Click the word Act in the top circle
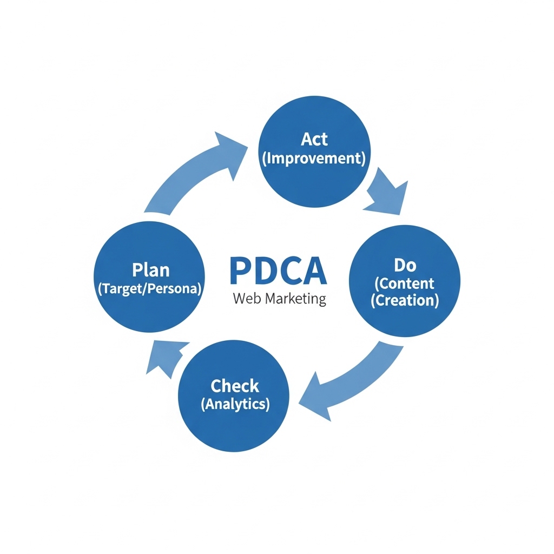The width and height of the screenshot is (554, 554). coord(314,139)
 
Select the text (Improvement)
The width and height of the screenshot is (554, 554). coord(314,159)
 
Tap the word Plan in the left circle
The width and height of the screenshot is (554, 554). coord(150,269)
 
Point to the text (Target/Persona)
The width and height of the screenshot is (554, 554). coord(150,288)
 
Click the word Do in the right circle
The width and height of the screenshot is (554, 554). coord(405,265)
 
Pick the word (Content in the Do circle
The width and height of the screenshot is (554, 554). coord(405,283)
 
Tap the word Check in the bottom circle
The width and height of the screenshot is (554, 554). coord(235,386)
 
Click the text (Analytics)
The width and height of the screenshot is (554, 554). coord(235,404)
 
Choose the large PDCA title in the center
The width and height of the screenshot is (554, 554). coord(278,271)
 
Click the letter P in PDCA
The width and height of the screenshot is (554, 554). coord(241,271)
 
